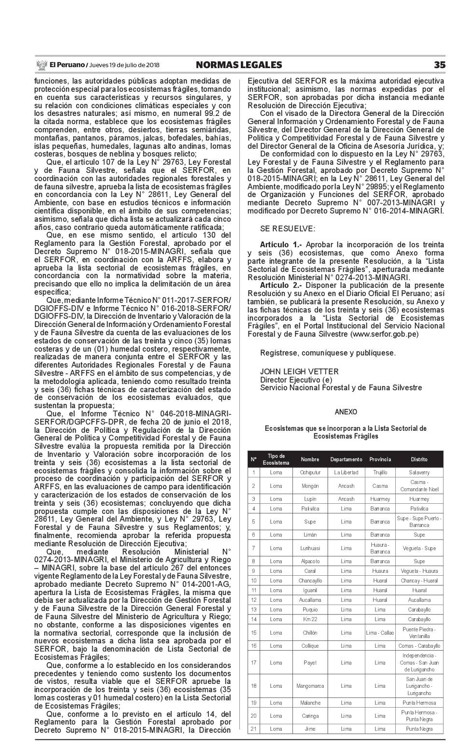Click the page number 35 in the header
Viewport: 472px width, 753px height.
coord(439,65)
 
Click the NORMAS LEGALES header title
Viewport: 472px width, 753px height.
coord(239,65)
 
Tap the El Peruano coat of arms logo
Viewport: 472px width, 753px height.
coord(41,65)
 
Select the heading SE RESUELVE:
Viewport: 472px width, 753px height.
coord(288,228)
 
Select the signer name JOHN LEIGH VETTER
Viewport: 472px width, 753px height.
coord(299,371)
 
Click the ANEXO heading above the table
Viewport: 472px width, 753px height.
coord(346,412)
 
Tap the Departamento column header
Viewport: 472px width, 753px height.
coord(346,459)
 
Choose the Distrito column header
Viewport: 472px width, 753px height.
coord(419,459)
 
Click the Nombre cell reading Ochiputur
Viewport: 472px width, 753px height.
coord(310,472)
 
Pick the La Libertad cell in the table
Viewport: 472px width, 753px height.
coord(346,472)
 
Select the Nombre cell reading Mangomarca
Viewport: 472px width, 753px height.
coord(310,686)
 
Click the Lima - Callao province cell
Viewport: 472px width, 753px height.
coord(380,633)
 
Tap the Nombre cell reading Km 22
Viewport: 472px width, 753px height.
coord(310,619)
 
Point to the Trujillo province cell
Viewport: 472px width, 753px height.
coord(380,472)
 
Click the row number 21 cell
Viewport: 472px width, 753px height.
coord(253,729)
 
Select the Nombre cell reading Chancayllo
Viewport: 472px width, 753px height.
coord(310,581)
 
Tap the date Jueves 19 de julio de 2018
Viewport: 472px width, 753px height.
coord(125,65)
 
